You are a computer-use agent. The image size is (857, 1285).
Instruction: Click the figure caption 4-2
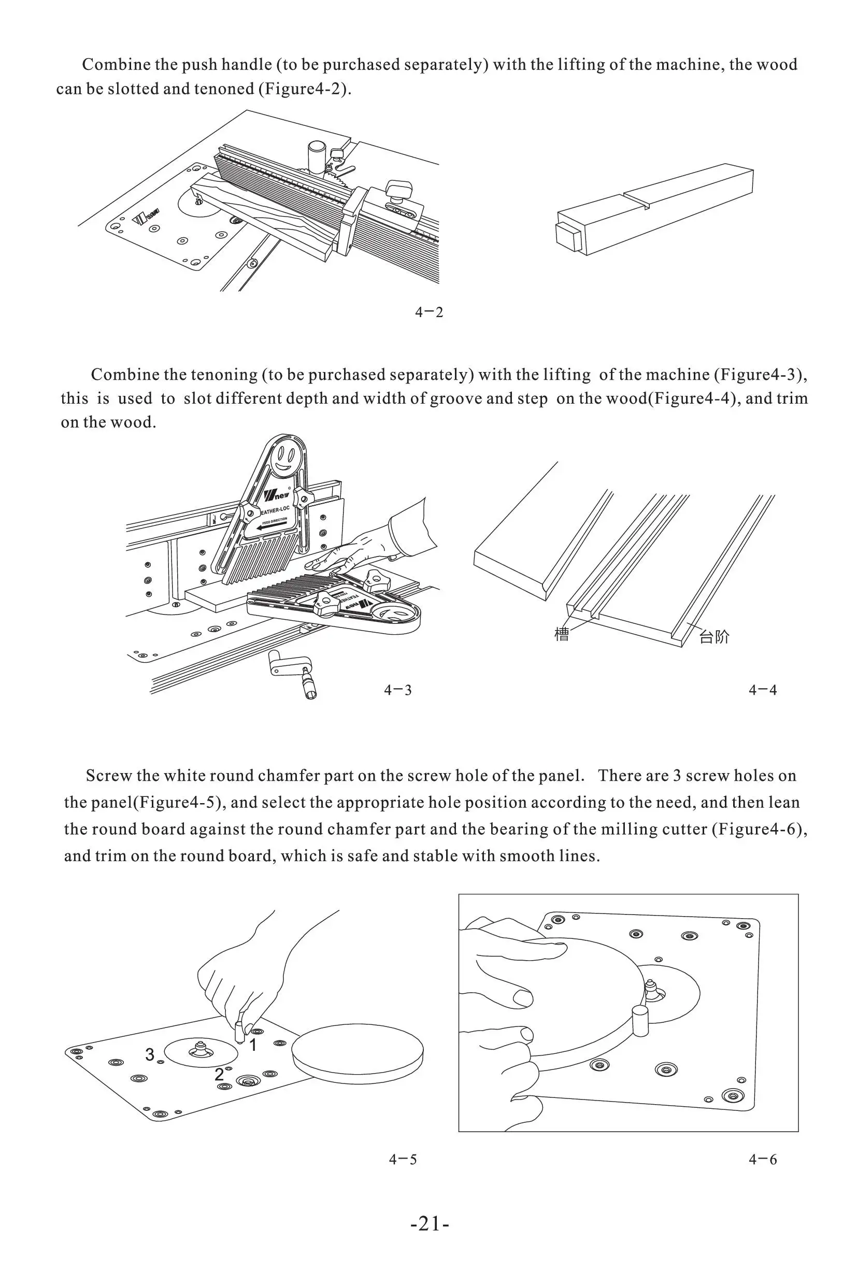[429, 312]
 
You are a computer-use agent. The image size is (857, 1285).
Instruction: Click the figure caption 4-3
[397, 690]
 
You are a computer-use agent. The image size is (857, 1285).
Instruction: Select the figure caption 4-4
[763, 690]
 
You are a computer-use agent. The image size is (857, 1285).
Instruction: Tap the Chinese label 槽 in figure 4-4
[562, 635]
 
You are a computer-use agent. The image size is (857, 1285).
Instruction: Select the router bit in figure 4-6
[650, 989]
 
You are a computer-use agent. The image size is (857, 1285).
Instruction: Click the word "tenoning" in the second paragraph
[224, 375]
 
